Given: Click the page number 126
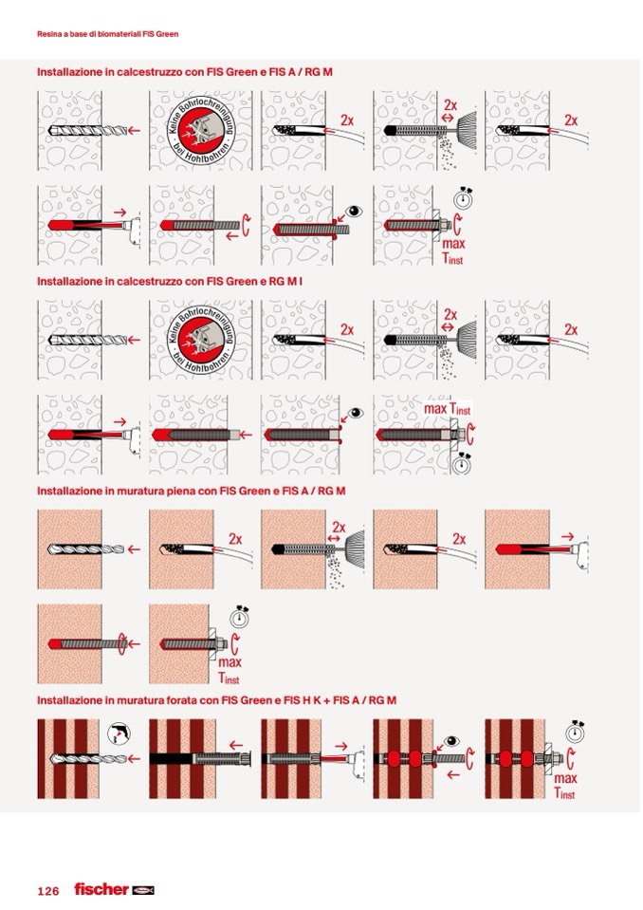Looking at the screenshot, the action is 48,891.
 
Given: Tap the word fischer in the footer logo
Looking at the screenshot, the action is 101,889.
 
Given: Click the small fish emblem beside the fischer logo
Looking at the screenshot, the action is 142,890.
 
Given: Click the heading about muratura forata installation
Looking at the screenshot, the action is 216,700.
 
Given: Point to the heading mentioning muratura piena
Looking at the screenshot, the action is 191,491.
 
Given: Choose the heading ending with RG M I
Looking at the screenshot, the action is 170,282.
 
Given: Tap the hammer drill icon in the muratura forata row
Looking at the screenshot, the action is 119,734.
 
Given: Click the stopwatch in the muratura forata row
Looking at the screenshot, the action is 575,732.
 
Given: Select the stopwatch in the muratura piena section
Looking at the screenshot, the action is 239,617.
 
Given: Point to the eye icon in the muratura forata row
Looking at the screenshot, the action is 451,741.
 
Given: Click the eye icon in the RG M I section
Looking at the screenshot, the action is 356,413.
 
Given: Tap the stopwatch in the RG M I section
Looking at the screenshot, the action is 462,463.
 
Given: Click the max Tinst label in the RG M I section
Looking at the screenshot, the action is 447,409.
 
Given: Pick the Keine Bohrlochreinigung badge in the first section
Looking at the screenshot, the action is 201,131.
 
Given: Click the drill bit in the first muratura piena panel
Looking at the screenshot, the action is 85,549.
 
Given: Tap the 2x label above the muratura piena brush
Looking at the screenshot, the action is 339,527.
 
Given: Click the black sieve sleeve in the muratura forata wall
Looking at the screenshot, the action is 171,758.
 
